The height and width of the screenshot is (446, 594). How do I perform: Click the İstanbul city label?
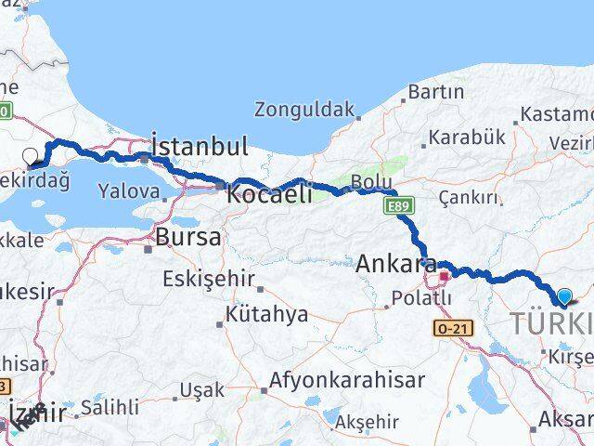click(x=200, y=147)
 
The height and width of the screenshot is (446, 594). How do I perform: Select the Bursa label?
click(x=188, y=237)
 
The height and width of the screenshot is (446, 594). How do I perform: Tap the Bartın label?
click(x=434, y=92)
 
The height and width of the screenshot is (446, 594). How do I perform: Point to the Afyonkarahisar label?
click(x=347, y=380)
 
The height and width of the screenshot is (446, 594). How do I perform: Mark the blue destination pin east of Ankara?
click(x=564, y=296)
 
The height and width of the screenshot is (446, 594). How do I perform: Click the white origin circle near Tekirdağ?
click(x=30, y=157)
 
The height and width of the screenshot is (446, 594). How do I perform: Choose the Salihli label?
click(x=110, y=407)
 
